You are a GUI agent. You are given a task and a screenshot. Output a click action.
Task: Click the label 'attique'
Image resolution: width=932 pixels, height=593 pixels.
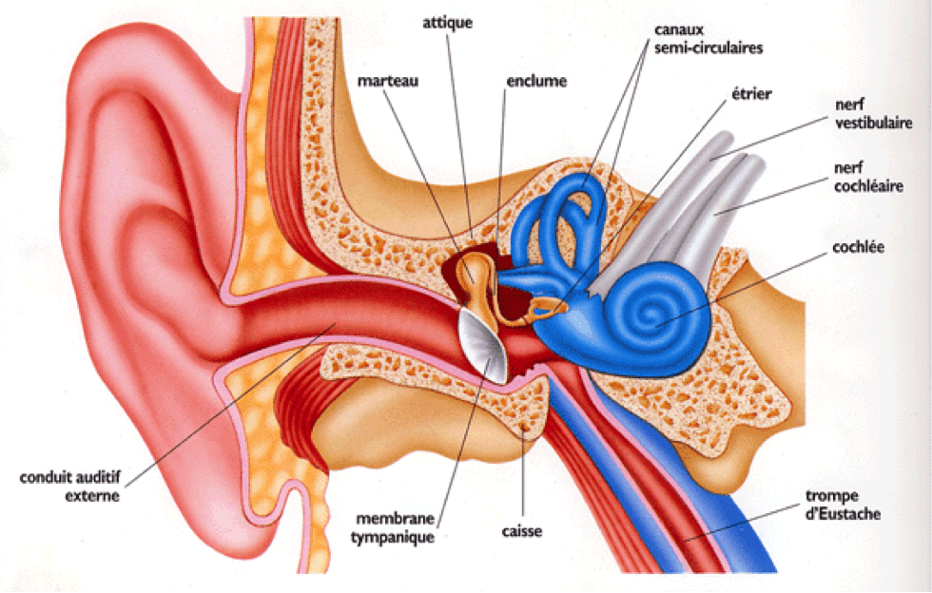(x=448, y=23)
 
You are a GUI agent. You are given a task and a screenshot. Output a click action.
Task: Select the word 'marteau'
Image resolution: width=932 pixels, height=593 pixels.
(x=388, y=81)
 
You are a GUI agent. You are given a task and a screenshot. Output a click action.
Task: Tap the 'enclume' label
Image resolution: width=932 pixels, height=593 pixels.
(x=536, y=81)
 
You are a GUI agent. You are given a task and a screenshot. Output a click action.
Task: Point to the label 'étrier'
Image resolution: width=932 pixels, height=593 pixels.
(x=751, y=94)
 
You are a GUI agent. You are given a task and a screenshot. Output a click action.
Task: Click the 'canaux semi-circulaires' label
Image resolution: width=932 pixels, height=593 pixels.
(x=708, y=39)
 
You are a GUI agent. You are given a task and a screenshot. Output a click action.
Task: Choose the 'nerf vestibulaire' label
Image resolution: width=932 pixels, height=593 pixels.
(x=873, y=113)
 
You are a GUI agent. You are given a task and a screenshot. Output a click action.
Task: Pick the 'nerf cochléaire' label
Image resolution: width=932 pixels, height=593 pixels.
(x=868, y=177)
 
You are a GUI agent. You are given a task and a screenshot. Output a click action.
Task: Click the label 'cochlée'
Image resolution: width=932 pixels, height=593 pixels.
(x=858, y=247)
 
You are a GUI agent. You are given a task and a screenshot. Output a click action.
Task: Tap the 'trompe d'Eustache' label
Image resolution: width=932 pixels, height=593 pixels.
(x=843, y=505)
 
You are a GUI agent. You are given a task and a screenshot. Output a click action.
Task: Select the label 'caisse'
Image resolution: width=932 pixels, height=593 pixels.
(x=522, y=530)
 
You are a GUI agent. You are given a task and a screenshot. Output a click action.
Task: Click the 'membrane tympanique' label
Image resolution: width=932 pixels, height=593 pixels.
(x=393, y=527)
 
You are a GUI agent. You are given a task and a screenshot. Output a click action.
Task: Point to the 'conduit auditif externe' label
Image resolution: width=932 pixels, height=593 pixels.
(x=70, y=486)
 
